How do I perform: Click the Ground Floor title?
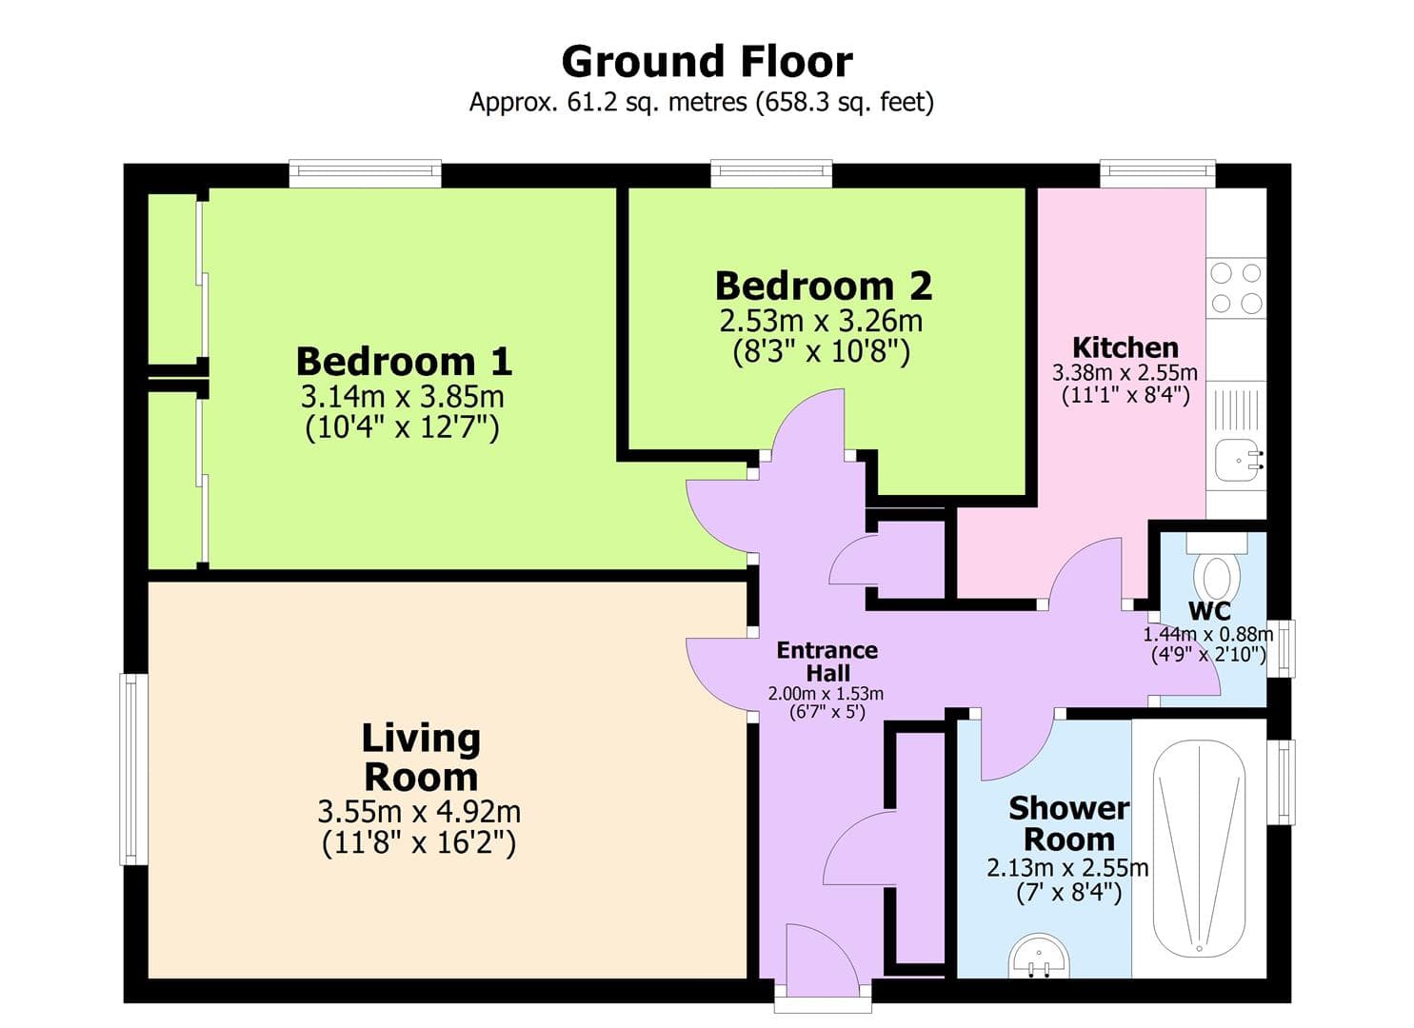(707, 62)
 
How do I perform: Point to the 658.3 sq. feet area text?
(844, 102)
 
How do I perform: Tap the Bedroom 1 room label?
(404, 362)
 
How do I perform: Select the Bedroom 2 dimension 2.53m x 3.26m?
(821, 320)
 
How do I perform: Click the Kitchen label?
(1125, 347)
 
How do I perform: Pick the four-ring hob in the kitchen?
(1236, 288)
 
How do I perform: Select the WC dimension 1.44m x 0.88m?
(1207, 635)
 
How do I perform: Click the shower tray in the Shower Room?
(1199, 847)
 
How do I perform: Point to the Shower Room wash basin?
(1039, 956)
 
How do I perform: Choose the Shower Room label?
(1068, 823)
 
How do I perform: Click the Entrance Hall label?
(826, 662)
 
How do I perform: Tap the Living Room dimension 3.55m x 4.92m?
(419, 812)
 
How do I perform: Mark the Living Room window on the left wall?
(133, 769)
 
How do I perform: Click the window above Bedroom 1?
(365, 174)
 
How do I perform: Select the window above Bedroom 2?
(771, 174)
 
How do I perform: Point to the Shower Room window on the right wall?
(1285, 781)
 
